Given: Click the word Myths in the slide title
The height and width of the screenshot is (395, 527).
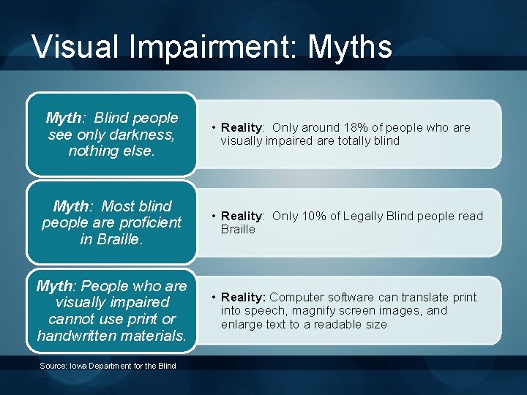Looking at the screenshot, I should pos(350,48).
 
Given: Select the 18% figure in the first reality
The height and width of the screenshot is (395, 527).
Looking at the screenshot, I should pos(357,128).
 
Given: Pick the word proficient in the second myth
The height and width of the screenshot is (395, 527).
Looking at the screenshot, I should pos(146,222).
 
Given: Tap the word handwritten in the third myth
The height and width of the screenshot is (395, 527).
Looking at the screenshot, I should pos(81,336).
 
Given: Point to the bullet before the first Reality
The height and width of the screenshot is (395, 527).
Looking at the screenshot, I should pos(213,128).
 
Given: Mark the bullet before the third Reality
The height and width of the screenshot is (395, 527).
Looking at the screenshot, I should pos(213,298).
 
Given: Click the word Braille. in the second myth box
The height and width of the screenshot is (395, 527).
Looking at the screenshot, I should pos(120,238).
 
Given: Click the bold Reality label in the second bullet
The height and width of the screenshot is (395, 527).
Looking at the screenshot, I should pos(242,217).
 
